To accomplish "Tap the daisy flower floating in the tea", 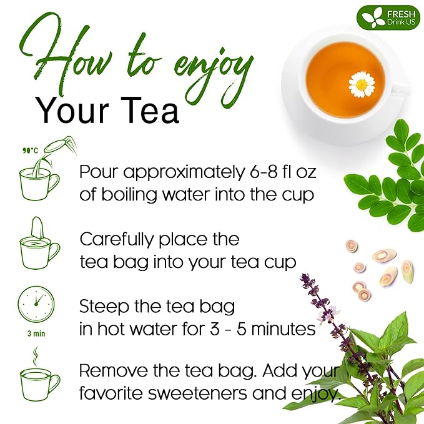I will [x=362, y=84].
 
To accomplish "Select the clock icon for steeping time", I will [x=36, y=304].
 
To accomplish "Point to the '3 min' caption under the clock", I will [x=36, y=333].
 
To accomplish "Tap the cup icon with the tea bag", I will [x=39, y=244].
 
